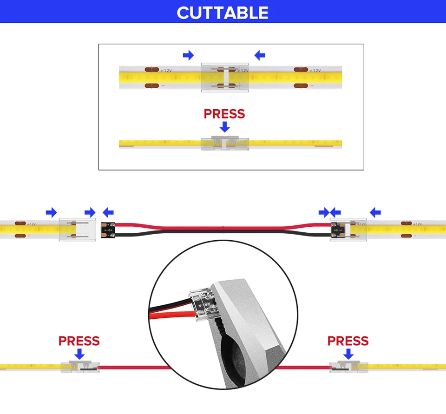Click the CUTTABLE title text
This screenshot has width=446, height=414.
point(223,13)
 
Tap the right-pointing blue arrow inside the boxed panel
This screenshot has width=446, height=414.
point(188,56)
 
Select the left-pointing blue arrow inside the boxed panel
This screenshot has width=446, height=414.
point(260,56)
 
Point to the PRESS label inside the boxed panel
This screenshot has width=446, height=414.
point(224,114)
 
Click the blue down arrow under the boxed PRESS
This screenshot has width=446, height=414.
point(225,126)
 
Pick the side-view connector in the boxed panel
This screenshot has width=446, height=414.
point(225,144)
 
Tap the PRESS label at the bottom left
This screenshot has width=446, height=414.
point(79,341)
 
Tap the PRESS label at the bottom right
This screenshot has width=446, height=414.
point(348,341)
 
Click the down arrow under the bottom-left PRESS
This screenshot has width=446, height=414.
point(79,354)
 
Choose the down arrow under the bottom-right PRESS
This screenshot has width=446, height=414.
point(348,354)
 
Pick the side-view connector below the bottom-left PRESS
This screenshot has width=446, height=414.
point(79,367)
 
